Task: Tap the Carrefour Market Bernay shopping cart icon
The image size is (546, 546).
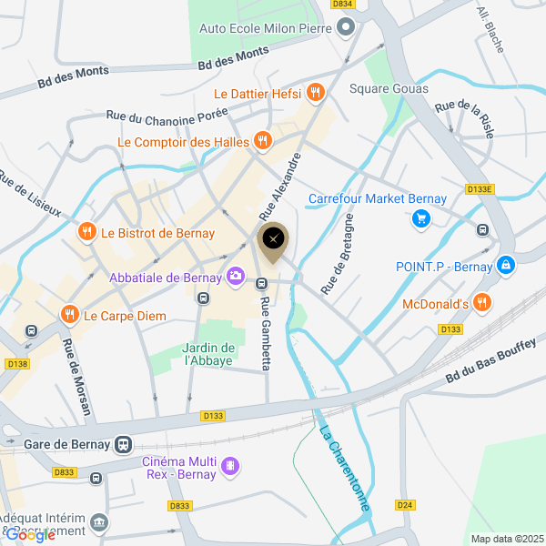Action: (x=420, y=217)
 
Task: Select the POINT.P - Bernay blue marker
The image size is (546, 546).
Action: (x=507, y=266)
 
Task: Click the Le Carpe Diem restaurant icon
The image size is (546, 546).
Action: (x=69, y=315)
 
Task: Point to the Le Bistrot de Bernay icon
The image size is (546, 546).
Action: (x=87, y=232)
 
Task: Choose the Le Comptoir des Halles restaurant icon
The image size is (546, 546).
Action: (x=262, y=141)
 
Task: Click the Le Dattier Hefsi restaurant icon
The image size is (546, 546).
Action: (x=316, y=92)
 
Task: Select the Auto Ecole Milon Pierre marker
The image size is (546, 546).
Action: (x=345, y=28)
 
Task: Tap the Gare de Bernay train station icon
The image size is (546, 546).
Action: (x=123, y=445)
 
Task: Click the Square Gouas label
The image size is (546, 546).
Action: (x=389, y=88)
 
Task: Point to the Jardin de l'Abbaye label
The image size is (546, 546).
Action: (x=208, y=354)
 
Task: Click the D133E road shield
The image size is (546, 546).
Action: (x=479, y=189)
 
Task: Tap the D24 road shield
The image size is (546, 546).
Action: (x=405, y=504)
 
